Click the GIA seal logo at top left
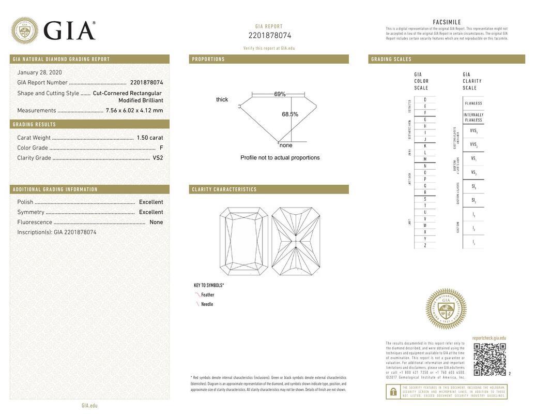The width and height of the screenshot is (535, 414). [24, 31]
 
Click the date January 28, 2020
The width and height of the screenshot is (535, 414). [39, 72]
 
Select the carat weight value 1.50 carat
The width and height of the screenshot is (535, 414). [149, 138]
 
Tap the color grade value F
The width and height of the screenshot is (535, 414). [161, 148]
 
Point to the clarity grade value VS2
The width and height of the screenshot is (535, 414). [158, 158]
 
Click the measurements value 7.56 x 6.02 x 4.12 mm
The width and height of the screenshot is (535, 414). [134, 110]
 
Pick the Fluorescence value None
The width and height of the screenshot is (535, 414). [156, 222]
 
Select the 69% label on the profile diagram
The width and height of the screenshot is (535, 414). [280, 94]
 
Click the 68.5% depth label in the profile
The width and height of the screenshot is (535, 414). [290, 114]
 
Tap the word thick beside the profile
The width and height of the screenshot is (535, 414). [222, 99]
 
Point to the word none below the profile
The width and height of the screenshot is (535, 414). [286, 145]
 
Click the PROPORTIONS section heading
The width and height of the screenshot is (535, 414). [208, 59]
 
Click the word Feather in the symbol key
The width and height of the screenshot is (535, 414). [208, 295]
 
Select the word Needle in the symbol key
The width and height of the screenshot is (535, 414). [207, 304]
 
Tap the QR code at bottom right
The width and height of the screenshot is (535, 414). [490, 359]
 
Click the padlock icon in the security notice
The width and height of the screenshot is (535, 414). [393, 392]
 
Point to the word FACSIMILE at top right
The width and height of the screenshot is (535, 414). [447, 22]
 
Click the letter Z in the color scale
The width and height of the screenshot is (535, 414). [425, 245]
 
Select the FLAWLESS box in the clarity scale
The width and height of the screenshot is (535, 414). [473, 103]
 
